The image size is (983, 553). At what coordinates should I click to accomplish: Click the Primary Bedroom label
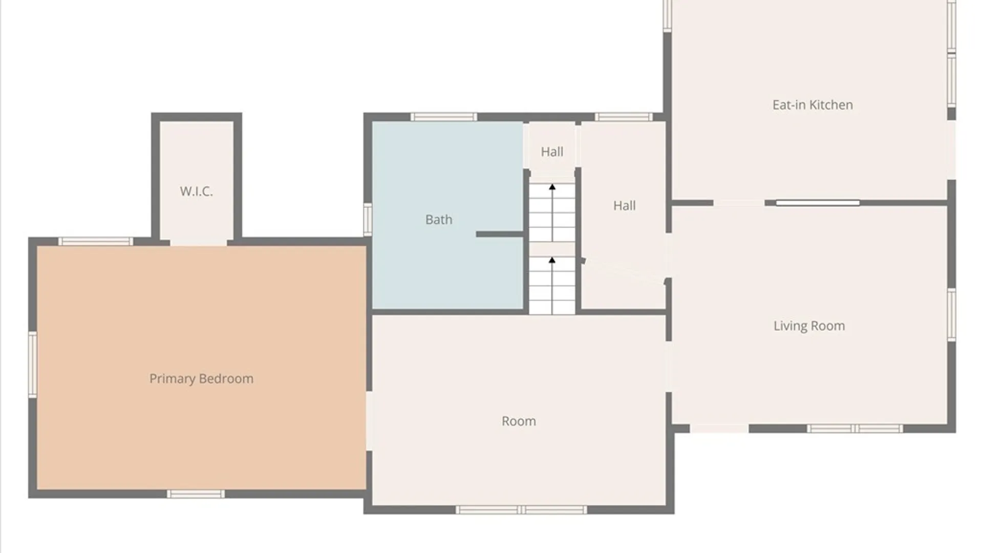201,379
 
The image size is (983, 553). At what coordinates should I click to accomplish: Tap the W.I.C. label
196,192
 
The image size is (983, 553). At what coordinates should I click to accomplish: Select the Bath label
439,220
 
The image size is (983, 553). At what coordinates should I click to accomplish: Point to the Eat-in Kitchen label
813,105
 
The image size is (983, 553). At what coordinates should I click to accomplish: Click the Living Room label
809,326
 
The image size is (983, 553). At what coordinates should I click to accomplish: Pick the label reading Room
519,421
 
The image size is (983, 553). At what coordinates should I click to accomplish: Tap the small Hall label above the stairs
552,152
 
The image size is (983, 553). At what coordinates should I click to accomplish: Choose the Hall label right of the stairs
625,206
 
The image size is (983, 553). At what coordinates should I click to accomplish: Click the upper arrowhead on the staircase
552,187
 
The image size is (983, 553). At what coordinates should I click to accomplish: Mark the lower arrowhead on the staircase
552,261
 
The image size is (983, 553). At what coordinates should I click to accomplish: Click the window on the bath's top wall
444,117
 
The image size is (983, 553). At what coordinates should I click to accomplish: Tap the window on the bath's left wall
368,220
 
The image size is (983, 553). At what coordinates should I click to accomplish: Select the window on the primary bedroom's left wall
32,364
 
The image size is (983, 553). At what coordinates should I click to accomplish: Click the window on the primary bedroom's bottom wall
196,494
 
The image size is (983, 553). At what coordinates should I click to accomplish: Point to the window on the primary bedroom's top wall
95,242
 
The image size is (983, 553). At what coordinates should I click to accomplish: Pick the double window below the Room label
521,510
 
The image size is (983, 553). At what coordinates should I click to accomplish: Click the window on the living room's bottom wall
855,429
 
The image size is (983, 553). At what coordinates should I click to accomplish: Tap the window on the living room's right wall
951,314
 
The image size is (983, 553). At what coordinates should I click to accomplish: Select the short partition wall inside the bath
500,235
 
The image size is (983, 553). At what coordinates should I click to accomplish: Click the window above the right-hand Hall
624,117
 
